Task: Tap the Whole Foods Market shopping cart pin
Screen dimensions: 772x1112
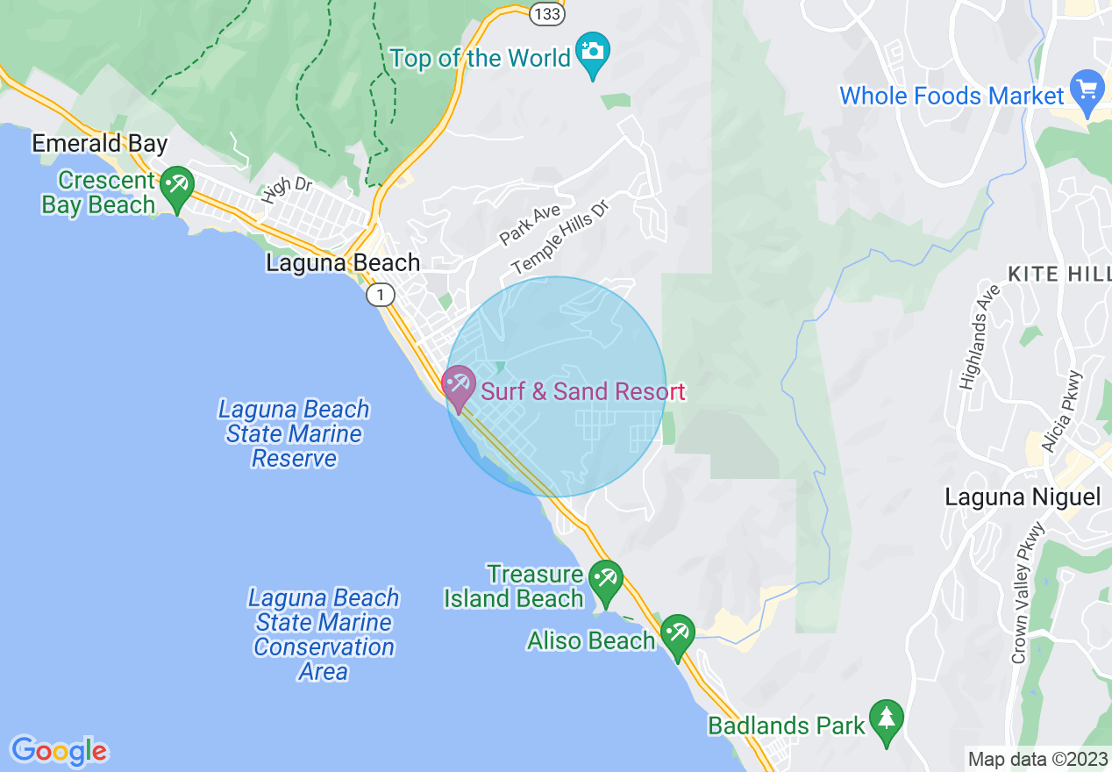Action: (x=1088, y=90)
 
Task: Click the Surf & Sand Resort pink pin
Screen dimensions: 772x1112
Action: (x=458, y=387)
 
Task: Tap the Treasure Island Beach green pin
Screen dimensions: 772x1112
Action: (x=605, y=582)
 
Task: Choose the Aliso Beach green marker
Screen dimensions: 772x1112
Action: (x=678, y=635)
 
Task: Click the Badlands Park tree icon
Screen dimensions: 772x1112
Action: (x=887, y=720)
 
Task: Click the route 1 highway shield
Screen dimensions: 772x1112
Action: (x=380, y=295)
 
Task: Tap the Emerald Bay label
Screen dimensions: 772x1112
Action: (x=99, y=143)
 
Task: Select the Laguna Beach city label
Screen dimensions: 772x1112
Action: (x=343, y=263)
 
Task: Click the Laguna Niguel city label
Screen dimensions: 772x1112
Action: (x=1022, y=497)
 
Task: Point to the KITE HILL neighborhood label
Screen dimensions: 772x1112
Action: (x=1059, y=275)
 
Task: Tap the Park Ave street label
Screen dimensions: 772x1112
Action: (x=530, y=225)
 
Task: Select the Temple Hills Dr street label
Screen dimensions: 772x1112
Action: (x=560, y=235)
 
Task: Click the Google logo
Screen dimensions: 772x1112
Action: (x=59, y=751)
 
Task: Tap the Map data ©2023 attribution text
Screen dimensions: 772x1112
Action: (x=1036, y=759)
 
